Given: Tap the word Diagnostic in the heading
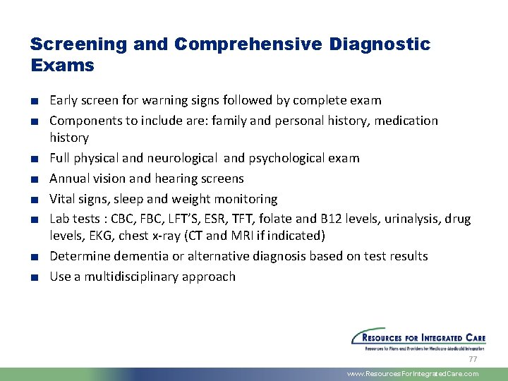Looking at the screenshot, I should pos(380,44).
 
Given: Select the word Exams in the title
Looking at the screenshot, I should pos(62,66).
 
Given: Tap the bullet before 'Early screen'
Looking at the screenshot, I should pos(34,101).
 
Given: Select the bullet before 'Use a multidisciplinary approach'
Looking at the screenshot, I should pos(34,277).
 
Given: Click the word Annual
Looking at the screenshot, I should pos(70,179).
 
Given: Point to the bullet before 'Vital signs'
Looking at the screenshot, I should pos(34,200).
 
